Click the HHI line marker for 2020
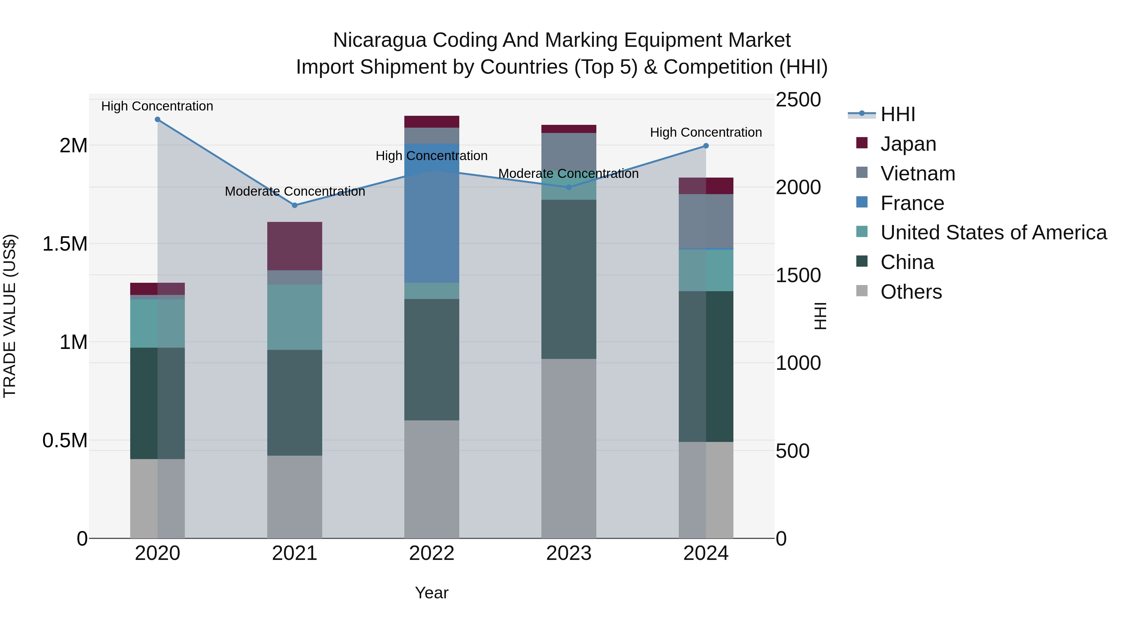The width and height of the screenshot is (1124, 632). click(x=158, y=120)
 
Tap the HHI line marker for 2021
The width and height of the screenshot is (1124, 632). click(x=294, y=205)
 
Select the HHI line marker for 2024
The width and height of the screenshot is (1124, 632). click(x=706, y=146)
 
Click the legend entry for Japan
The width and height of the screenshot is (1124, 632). click(x=908, y=144)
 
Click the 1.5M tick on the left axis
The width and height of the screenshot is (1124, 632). click(x=65, y=244)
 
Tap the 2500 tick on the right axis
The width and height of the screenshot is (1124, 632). click(x=798, y=100)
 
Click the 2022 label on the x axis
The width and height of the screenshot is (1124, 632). click(x=431, y=553)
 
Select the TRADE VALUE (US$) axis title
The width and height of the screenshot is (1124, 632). click(x=10, y=316)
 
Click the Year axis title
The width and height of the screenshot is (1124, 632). click(x=431, y=593)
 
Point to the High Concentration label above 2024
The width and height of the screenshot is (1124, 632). click(x=706, y=132)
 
